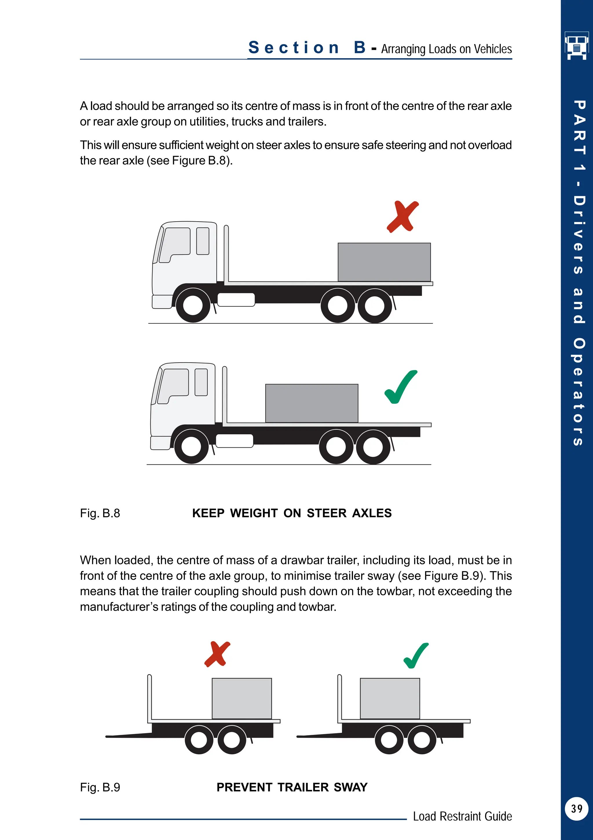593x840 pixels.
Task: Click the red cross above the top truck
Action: pyautogui.click(x=403, y=217)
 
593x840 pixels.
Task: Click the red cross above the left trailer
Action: pyautogui.click(x=217, y=654)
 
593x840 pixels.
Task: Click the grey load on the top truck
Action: pyautogui.click(x=384, y=262)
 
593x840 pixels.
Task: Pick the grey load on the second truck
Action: pyautogui.click(x=312, y=403)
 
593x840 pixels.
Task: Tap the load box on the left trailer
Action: pyautogui.click(x=242, y=698)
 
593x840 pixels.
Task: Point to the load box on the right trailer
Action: pyautogui.click(x=390, y=698)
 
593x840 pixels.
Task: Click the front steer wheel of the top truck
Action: pyautogui.click(x=193, y=305)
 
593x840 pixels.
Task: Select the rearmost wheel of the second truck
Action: pyautogui.click(x=373, y=447)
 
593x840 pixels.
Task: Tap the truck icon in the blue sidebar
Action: pyautogui.click(x=577, y=45)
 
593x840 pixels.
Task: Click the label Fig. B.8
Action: pyautogui.click(x=100, y=513)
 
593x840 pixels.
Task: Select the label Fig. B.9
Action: pyautogui.click(x=100, y=787)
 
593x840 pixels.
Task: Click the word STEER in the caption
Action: pyautogui.click(x=327, y=513)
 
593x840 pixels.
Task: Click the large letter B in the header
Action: pyautogui.click(x=360, y=47)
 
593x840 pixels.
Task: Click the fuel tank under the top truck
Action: pyautogui.click(x=236, y=300)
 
